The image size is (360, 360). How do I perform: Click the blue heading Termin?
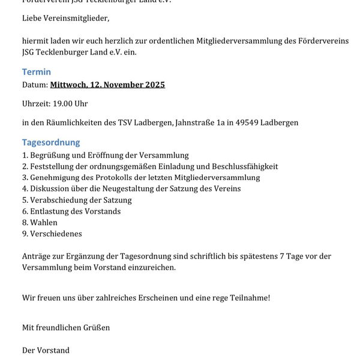point(37,72)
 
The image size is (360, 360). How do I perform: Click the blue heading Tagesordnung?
point(51,143)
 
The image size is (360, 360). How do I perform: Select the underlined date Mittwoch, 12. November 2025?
point(107,85)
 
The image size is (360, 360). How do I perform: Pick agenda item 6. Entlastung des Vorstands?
point(71,211)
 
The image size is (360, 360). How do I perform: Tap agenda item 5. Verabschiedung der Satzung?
point(77,200)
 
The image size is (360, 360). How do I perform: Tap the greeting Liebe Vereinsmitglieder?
point(66,18)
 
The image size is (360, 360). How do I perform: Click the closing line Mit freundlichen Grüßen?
point(66,328)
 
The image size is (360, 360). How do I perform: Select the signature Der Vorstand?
point(46,350)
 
